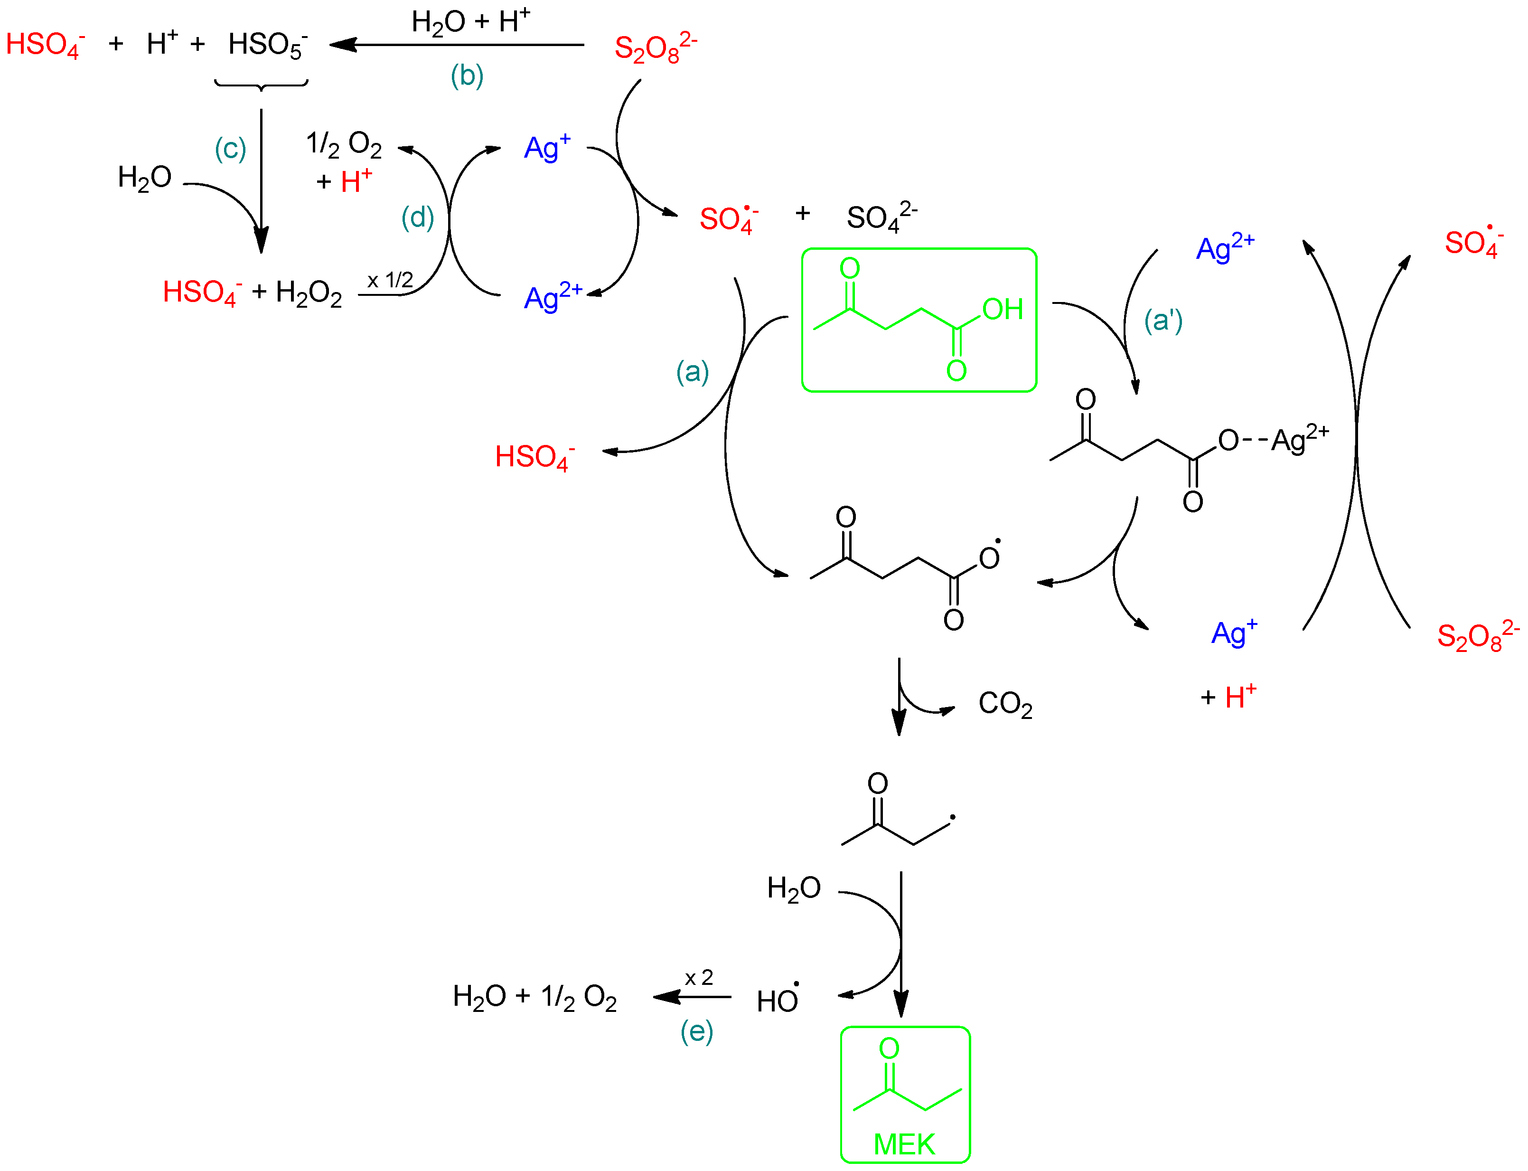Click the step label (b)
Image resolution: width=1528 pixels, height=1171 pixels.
click(466, 76)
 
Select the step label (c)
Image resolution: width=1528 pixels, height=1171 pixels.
click(230, 149)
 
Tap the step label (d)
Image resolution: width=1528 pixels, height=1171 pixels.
click(417, 217)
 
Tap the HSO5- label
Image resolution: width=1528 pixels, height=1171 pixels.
click(267, 45)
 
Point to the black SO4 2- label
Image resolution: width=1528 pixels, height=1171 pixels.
click(880, 217)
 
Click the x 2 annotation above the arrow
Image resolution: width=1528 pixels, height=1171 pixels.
click(698, 977)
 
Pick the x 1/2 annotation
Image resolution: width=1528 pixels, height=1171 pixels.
click(390, 280)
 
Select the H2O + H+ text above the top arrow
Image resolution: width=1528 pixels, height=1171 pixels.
click(470, 22)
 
